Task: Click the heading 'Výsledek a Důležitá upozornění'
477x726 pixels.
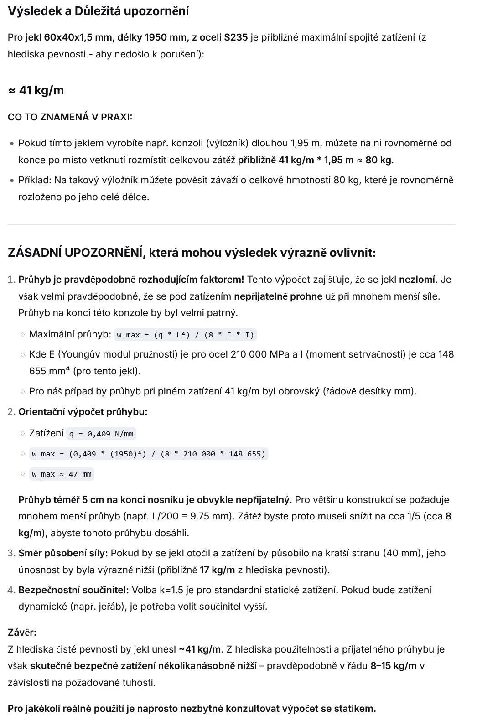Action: [98, 11]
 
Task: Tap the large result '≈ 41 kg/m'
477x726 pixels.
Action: [36, 90]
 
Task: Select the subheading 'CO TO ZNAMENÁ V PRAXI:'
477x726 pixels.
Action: [70, 117]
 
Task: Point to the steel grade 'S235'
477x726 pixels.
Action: [236, 37]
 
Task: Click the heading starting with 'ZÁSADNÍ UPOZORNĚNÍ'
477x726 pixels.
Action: [192, 252]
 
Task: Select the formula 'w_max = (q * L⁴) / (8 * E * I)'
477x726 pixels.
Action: [185, 335]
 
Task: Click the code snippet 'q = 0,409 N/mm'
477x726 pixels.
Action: [101, 434]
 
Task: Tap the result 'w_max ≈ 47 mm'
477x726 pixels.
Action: [62, 474]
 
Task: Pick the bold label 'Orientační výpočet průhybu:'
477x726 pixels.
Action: [83, 412]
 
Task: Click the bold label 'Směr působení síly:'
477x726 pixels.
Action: [63, 553]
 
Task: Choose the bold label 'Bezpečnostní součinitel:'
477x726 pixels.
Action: [74, 590]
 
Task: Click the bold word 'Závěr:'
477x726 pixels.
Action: [22, 633]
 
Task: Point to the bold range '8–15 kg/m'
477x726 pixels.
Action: [394, 666]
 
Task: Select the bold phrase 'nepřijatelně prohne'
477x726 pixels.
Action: [278, 296]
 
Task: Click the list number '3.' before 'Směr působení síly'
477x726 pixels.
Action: [12, 553]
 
